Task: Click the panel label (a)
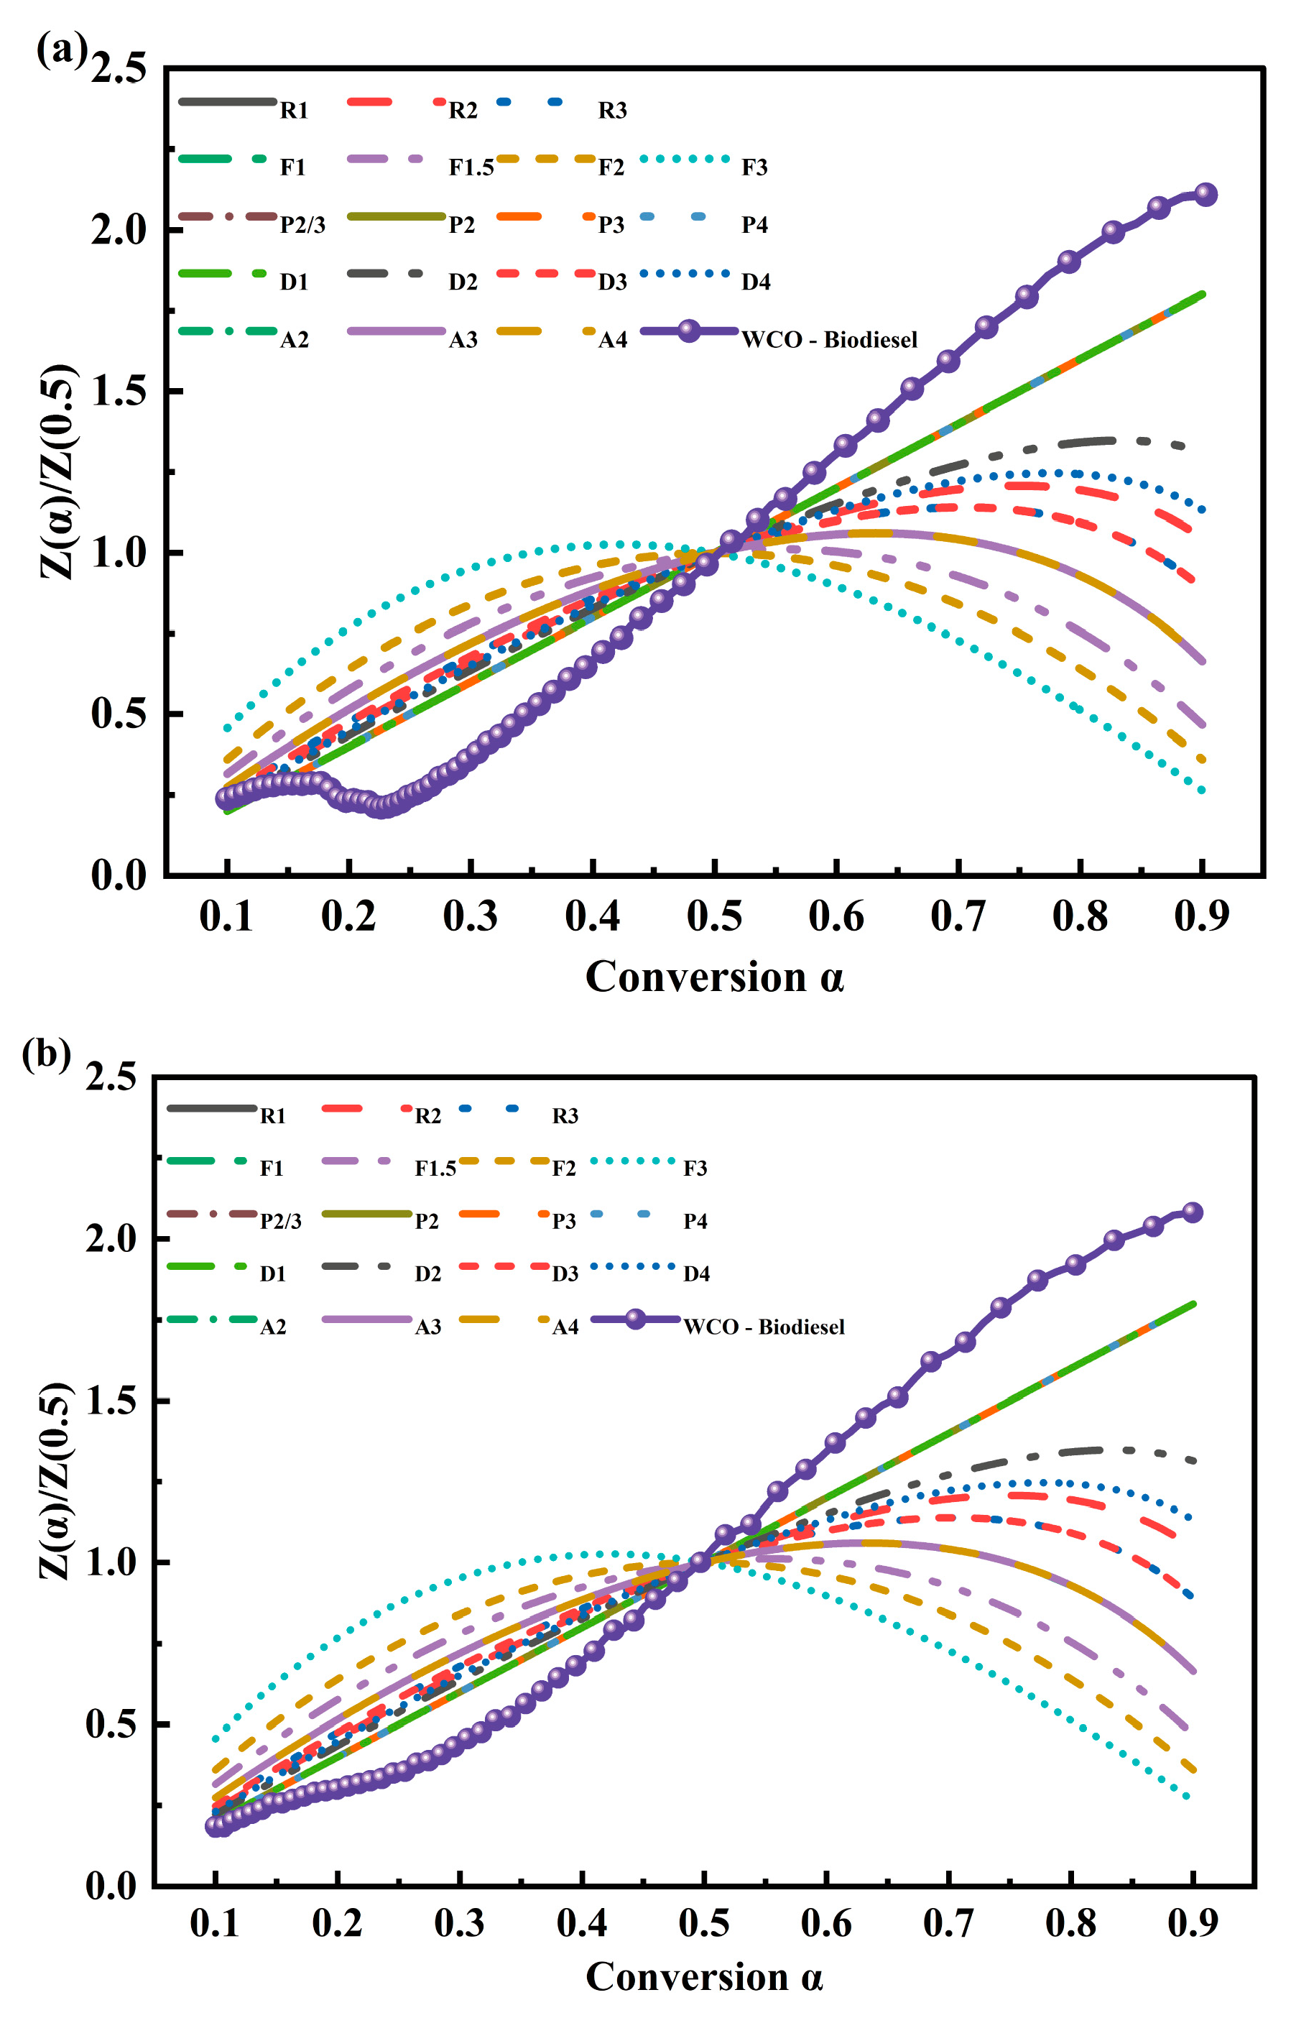tap(61, 50)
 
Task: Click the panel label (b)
tap(46, 1054)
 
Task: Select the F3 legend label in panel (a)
tap(754, 167)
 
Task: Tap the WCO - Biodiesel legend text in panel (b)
tap(763, 1327)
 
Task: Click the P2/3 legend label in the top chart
tap(302, 225)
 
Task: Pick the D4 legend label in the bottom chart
tap(696, 1274)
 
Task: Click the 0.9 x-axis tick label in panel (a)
tap(1200, 916)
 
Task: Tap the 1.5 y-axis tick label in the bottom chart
tap(111, 1401)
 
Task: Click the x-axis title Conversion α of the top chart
tap(713, 977)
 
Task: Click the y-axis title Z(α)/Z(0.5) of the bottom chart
tap(56, 1480)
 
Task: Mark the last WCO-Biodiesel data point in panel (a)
tap(1205, 195)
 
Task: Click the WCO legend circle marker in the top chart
tap(688, 331)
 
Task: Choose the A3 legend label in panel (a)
tap(463, 339)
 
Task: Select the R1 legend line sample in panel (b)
tap(211, 1108)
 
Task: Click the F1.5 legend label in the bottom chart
tap(435, 1169)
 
